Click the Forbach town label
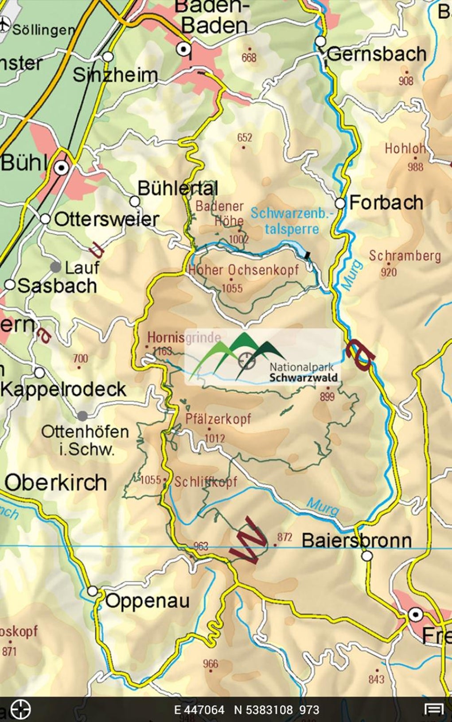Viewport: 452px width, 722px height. [386, 203]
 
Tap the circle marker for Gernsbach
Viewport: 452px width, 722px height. [320, 42]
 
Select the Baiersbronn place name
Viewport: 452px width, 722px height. [357, 540]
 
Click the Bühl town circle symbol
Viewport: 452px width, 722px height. [61, 168]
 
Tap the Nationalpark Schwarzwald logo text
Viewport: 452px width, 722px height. [303, 372]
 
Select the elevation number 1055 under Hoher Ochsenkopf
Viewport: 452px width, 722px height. [232, 288]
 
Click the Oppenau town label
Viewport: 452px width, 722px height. [147, 601]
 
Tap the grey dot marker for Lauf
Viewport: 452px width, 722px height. [55, 267]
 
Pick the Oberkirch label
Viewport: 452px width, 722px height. [56, 482]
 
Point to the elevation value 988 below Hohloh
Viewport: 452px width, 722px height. [415, 167]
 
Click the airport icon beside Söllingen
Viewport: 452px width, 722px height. [5, 24]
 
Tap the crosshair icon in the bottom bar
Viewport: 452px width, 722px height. [21, 710]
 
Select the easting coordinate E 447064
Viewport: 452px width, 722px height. [199, 710]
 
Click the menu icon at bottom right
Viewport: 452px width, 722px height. [434, 710]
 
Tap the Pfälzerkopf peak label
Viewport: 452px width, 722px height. [218, 419]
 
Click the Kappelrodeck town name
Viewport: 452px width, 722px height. [63, 389]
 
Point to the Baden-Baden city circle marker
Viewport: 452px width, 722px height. [183, 49]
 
